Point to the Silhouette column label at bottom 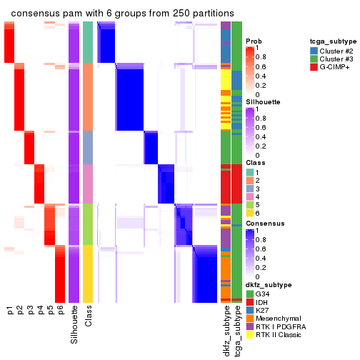click(x=74, y=325)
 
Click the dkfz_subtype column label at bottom click(x=226, y=331)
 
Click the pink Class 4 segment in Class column click(x=88, y=184)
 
